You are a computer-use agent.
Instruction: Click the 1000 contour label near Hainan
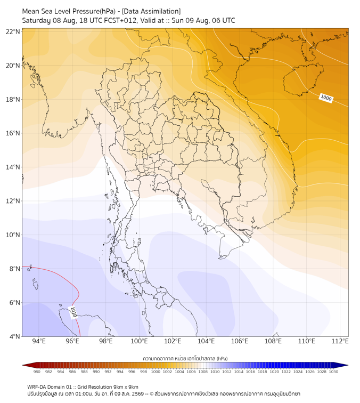pos(326,98)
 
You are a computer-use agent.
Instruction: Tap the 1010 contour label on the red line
pos(73,312)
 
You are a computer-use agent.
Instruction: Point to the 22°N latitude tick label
pos(13,31)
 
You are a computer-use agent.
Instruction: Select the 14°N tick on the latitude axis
pos(13,167)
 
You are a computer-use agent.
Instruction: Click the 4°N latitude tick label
pos(14,336)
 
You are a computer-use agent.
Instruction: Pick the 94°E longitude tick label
pos(39,341)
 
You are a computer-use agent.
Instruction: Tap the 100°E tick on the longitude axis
pos(139,341)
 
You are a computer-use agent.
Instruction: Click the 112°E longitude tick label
pos(340,341)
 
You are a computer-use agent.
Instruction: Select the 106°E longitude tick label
pos(240,341)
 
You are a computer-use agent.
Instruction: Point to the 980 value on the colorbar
pos(37,372)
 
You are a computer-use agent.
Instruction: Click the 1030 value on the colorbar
pos(333,372)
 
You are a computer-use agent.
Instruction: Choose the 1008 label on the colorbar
pos(203,372)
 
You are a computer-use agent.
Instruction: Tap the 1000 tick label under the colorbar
pos(156,372)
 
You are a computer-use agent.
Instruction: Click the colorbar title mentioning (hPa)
pos(185,358)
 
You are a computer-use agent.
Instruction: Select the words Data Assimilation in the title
pos(151,11)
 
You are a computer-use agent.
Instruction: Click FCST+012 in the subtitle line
pos(120,21)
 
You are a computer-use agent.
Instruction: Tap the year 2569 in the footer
pos(138,394)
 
